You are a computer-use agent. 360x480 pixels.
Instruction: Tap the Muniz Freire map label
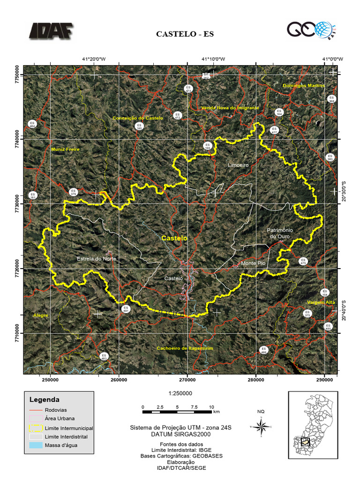[65, 149]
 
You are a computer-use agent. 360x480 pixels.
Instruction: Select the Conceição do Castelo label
[138, 118]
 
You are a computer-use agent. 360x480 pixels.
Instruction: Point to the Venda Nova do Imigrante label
[230, 107]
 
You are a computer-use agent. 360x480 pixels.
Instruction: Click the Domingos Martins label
[304, 86]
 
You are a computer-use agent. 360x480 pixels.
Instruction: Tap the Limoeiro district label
[238, 165]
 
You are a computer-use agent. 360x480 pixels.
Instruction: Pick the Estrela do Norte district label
[96, 259]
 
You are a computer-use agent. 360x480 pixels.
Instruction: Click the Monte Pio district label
[253, 263]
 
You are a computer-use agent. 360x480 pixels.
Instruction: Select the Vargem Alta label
[322, 302]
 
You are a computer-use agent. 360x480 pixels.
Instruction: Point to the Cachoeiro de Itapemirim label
[185, 348]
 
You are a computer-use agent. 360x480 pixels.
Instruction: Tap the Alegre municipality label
[41, 315]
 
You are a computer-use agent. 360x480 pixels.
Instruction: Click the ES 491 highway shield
[126, 309]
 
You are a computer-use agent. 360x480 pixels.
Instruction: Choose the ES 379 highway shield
[73, 191]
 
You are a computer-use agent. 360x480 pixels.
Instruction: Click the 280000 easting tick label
[256, 380]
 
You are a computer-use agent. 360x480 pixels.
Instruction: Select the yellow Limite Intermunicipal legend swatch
[36, 428]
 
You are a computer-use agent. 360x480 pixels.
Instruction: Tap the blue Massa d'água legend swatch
[36, 445]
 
